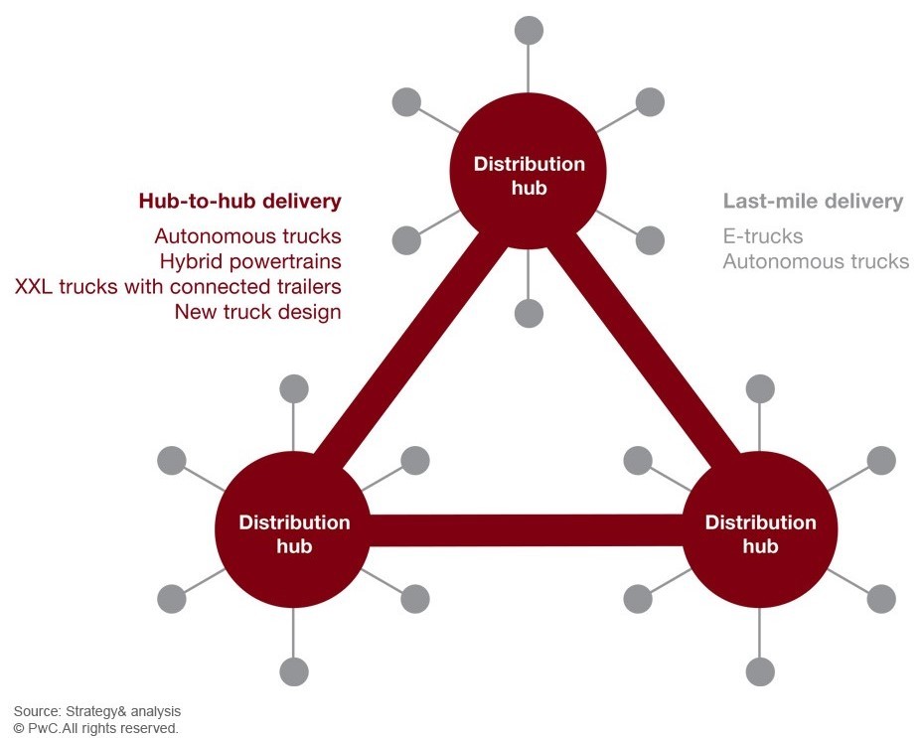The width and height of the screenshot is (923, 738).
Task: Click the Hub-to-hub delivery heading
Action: click(239, 202)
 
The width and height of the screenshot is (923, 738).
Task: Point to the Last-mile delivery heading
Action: click(813, 202)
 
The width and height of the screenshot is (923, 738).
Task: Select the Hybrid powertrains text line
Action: click(250, 261)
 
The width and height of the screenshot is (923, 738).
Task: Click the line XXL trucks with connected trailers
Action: click(178, 287)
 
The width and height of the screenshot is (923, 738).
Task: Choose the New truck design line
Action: click(257, 312)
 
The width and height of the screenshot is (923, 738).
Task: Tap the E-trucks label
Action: click(763, 236)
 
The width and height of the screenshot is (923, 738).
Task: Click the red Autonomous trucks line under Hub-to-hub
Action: click(247, 236)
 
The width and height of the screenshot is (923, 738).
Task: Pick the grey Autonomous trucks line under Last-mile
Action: click(816, 261)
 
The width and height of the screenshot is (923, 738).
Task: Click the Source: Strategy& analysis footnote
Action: click(97, 711)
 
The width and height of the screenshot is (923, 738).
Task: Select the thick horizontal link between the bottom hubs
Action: click(527, 530)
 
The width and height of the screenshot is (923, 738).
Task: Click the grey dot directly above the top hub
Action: click(529, 30)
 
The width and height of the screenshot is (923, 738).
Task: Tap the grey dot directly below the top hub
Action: click(529, 314)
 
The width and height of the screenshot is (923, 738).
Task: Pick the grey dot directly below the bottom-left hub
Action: click(294, 671)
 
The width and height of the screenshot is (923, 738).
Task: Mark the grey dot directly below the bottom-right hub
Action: click(760, 671)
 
